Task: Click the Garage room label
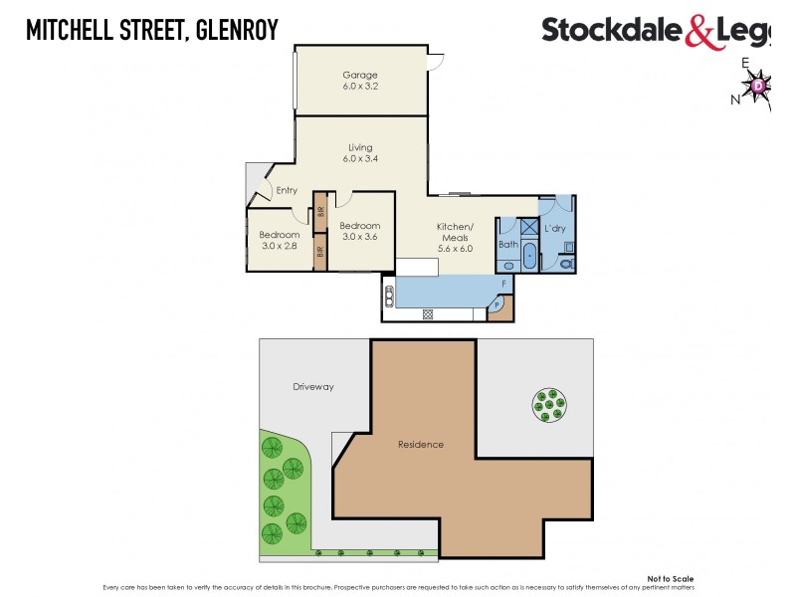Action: (x=359, y=75)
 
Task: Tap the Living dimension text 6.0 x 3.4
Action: (x=359, y=159)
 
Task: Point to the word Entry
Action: (x=287, y=190)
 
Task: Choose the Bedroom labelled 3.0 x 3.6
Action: (x=359, y=231)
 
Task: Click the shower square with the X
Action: (x=527, y=228)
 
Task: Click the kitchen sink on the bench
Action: (x=387, y=294)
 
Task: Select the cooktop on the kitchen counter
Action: (x=428, y=314)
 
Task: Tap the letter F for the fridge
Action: (x=503, y=285)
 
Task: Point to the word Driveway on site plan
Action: (x=313, y=386)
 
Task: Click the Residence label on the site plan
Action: (x=420, y=444)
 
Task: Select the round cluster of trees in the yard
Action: (x=546, y=403)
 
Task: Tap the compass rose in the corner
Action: (x=759, y=88)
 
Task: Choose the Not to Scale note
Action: (x=670, y=578)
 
